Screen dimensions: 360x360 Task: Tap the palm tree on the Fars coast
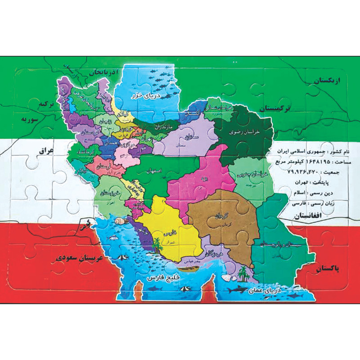[157, 245]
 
